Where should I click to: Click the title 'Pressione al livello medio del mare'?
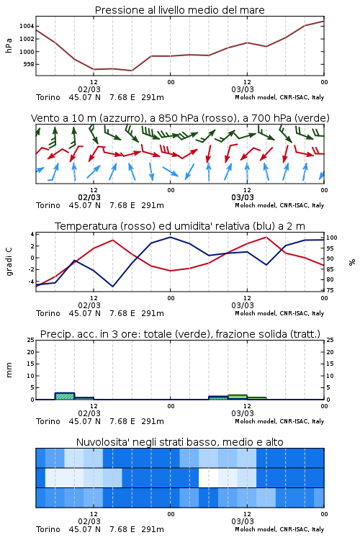pos(179,10)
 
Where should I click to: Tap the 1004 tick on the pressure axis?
pos(27,26)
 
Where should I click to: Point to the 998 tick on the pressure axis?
pos(29,64)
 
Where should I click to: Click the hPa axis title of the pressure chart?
pos(9,45)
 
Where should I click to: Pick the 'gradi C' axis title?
pos(9,261)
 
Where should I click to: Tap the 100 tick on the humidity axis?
pos(332,238)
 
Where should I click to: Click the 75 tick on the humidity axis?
pos(330,290)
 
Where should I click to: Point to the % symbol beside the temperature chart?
pos(352,262)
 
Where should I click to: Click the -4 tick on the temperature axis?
pos(31,282)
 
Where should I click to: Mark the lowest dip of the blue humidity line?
pos(112,287)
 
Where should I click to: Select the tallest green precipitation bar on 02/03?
pos(65,396)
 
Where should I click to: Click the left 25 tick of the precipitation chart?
pos(31,340)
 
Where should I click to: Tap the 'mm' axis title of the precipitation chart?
pos(9,370)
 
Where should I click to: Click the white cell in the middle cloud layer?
pos(208,477)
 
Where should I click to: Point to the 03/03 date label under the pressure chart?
pos(243,89)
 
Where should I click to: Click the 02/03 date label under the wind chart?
pos(89,198)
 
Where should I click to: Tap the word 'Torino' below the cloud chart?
pos(48,529)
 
